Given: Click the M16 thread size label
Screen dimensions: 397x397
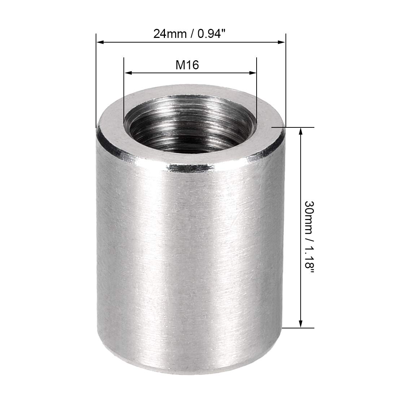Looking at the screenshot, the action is [x=187, y=65].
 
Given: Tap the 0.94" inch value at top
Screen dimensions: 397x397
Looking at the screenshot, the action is [x=211, y=34].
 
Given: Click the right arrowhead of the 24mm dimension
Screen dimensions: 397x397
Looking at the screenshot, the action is [x=281, y=42].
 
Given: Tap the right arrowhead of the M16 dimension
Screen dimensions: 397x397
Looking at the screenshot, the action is [x=253, y=73].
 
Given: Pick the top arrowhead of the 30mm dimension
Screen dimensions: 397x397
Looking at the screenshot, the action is [x=301, y=132].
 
